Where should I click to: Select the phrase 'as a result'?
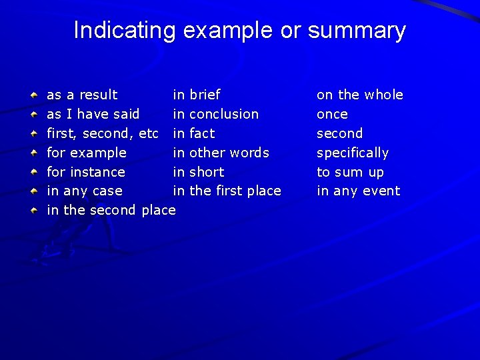(x=82, y=95)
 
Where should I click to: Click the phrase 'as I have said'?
(x=93, y=114)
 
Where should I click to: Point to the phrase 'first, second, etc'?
(x=102, y=133)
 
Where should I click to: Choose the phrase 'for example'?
(x=86, y=153)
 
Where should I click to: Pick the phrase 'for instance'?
(x=85, y=172)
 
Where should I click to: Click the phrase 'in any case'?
(x=84, y=191)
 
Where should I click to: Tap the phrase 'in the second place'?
(x=111, y=211)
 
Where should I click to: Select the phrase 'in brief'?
(x=197, y=95)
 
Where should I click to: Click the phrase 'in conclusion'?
(x=216, y=114)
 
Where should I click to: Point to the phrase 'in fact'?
(x=194, y=133)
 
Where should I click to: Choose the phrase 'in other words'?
(x=221, y=153)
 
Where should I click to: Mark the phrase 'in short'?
(x=199, y=172)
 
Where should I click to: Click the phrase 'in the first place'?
(x=227, y=191)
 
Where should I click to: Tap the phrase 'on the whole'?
(x=360, y=95)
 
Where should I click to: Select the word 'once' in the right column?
(x=332, y=114)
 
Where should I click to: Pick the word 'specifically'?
(x=353, y=153)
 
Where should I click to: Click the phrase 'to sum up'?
(x=350, y=172)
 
